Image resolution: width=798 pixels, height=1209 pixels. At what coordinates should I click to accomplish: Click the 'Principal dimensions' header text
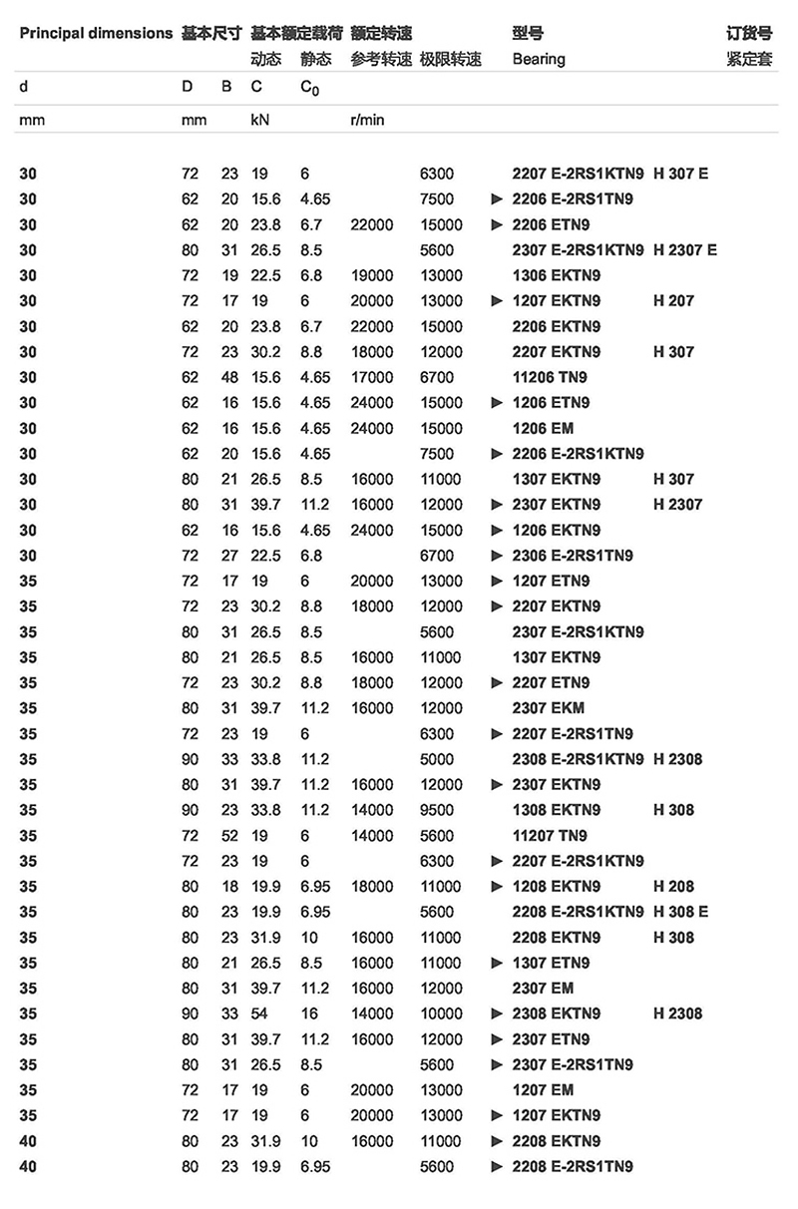96,33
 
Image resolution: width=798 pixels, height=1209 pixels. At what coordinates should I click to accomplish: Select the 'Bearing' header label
539,59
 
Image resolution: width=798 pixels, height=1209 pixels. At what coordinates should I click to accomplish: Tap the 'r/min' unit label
367,120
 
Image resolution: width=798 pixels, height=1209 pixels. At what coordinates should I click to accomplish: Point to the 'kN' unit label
259,120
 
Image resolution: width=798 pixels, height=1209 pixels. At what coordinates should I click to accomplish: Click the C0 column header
309,87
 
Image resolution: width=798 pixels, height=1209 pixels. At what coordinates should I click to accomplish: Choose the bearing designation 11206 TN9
550,377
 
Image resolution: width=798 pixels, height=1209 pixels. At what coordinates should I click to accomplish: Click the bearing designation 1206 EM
544,428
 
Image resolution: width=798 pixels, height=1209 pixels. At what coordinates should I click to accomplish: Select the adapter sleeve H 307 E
680,174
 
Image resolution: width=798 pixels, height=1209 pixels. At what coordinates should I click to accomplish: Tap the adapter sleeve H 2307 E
684,249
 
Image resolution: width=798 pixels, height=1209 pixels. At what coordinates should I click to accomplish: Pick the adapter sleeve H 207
673,300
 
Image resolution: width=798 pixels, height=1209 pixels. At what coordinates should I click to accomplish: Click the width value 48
229,377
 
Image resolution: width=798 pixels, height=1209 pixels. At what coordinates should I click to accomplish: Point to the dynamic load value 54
259,1013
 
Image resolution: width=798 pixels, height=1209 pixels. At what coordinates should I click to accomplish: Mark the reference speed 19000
372,275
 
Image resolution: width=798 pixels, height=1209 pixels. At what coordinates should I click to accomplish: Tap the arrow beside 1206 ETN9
498,403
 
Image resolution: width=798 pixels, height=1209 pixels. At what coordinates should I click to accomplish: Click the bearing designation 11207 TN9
550,836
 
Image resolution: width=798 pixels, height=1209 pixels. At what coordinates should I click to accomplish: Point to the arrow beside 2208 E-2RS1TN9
498,1166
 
